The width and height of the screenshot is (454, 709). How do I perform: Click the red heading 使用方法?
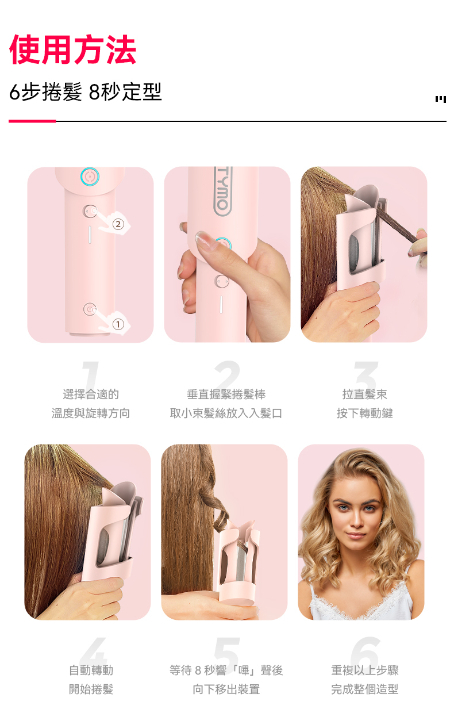73,49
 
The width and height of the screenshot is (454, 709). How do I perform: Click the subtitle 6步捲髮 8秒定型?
86,92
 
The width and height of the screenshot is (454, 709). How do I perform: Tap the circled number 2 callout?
118,224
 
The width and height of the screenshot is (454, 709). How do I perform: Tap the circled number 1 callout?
118,324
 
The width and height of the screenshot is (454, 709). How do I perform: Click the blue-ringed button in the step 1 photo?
90,177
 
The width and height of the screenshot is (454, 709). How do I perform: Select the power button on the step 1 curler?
90,309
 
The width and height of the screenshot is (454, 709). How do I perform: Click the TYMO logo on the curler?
223,191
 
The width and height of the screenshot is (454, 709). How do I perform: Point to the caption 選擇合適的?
91,394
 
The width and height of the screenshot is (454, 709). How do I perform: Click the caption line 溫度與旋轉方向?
91,413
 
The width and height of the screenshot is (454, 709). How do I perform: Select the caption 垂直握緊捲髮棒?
226,394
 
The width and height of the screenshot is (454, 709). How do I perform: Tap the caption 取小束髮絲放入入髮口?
226,413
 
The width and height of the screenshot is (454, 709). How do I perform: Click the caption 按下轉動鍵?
365,413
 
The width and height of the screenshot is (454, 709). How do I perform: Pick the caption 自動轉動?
91,670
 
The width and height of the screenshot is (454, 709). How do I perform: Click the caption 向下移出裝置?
226,689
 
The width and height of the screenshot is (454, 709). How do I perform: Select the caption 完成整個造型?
365,689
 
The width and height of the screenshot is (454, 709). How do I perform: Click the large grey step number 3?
366,374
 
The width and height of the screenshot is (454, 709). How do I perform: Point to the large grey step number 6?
365,652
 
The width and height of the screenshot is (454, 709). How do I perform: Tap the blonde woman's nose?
356,519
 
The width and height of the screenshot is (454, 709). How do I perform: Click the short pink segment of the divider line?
32,121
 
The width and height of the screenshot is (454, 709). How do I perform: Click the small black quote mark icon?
441,99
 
